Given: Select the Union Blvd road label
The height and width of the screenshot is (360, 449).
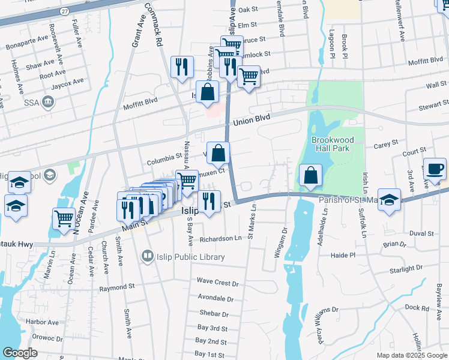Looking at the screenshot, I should pos(252,121).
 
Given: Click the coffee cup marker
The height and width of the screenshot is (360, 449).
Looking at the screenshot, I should pos(435,169).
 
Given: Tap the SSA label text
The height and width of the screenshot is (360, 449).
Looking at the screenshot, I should pos(32,103).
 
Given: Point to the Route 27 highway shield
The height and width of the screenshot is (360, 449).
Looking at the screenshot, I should pos(65,11).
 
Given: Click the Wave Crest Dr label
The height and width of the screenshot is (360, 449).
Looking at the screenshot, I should pos(218,282).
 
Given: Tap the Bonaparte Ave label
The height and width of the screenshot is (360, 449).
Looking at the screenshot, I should pos(26,42).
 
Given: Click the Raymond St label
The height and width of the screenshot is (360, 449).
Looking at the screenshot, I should pos(116,288).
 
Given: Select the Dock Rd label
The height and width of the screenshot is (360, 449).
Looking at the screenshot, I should pos(416,307).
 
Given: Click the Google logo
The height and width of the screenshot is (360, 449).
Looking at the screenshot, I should pos(20,353).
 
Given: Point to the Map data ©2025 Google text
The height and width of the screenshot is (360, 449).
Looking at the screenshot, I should pos(411,355).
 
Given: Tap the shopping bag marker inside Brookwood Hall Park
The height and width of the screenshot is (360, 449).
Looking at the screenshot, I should pos(311,175).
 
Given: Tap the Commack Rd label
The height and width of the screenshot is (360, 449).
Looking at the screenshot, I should pos(154,24).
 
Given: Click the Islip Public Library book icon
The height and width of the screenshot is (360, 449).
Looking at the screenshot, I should pos(147,257).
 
